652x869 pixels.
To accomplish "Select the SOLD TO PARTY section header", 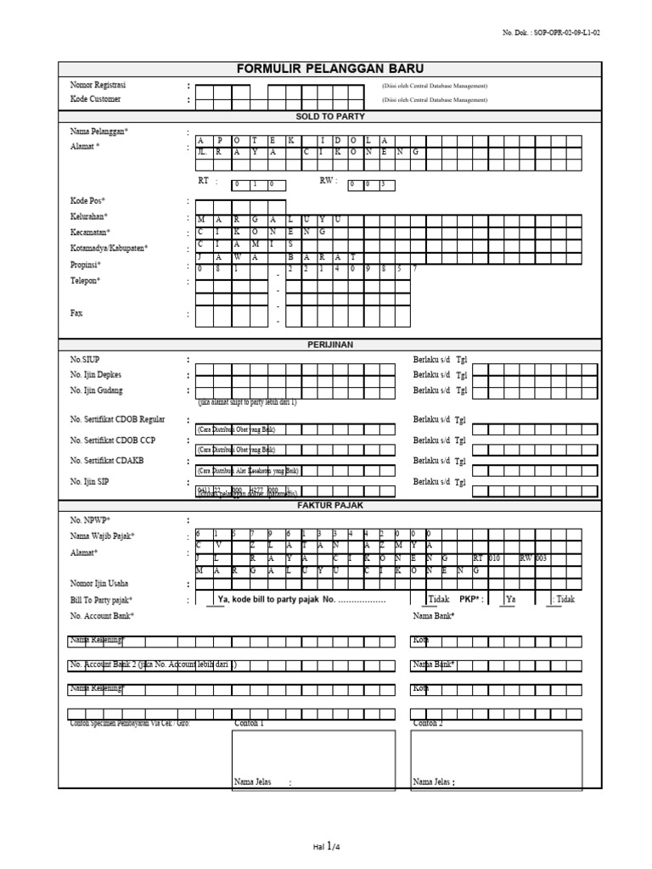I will tap(329, 115).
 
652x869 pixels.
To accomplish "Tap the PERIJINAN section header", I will tap(329, 345).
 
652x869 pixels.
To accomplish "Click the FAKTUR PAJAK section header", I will tap(329, 505).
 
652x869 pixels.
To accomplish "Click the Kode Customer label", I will tap(95, 99).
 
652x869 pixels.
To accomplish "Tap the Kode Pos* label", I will tap(88, 201).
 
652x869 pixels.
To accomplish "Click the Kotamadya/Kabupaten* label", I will tap(109, 248).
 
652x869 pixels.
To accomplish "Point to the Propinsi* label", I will tap(86, 265).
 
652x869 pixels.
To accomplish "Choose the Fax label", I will tap(76, 313).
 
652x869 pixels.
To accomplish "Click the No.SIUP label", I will tap(85, 360).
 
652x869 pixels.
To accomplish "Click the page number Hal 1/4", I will tap(327, 845).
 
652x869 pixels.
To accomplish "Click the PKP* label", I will tap(472, 598).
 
